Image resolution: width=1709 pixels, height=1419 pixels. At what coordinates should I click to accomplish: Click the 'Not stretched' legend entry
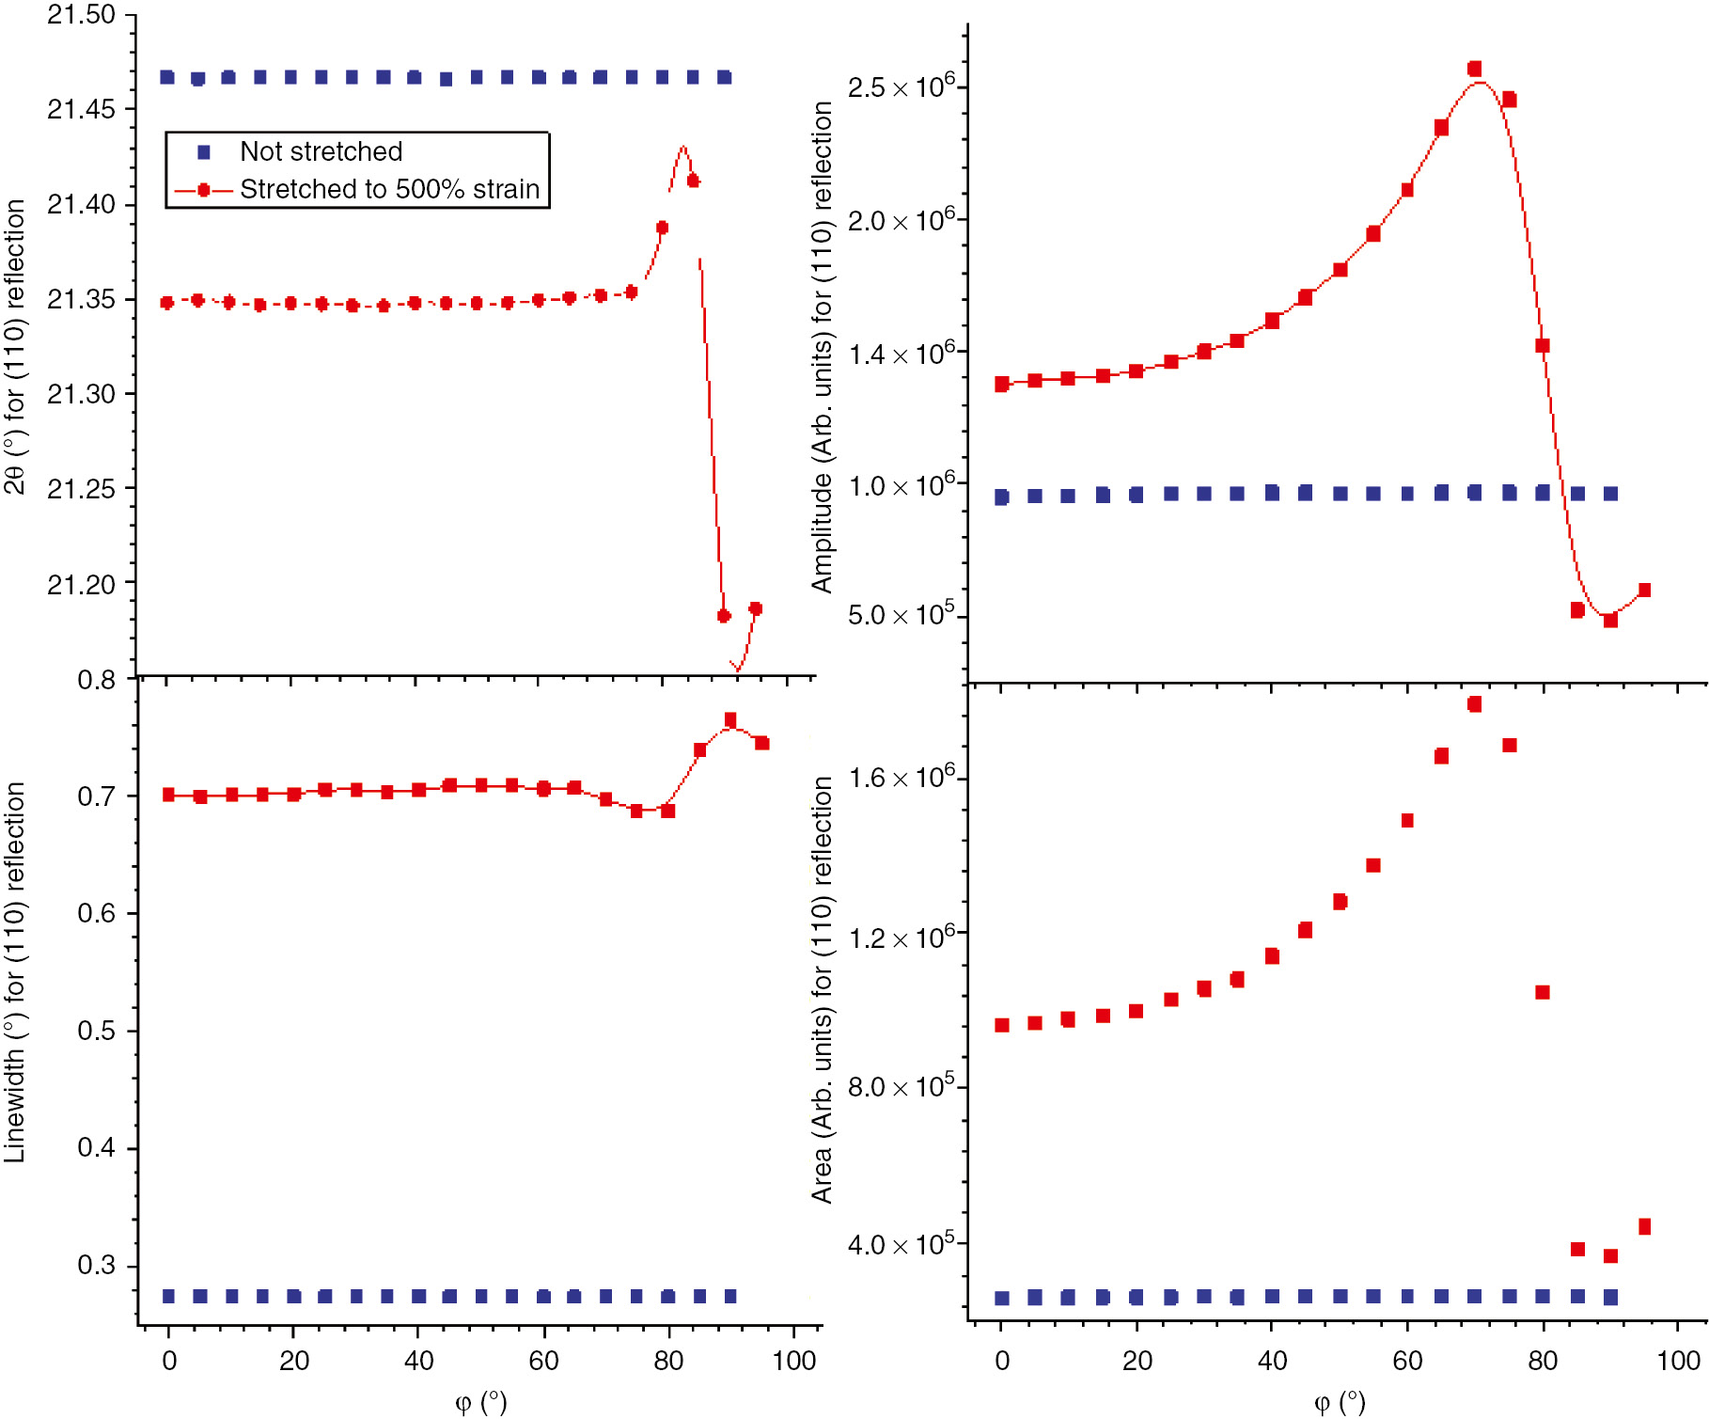pyautogui.click(x=321, y=151)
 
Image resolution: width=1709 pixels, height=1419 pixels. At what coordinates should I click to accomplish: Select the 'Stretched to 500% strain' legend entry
pyautogui.click(x=389, y=189)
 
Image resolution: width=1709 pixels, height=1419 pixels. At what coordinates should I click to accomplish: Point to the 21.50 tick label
pyautogui.click(x=81, y=15)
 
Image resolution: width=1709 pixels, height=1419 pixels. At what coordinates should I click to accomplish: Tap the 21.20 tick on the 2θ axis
pyautogui.click(x=81, y=585)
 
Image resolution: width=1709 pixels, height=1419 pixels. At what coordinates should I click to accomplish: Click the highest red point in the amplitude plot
pyautogui.click(x=1474, y=69)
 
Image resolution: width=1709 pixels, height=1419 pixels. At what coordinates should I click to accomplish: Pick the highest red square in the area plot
pyautogui.click(x=1474, y=704)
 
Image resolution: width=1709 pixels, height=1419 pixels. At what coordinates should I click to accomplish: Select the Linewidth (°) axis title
pyautogui.click(x=15, y=972)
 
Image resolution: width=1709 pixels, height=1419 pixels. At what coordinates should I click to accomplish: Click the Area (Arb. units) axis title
pyautogui.click(x=822, y=989)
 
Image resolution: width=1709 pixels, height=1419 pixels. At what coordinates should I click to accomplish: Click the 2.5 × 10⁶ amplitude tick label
pyautogui.click(x=901, y=87)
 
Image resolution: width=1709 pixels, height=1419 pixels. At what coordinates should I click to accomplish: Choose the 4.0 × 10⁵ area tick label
pyautogui.click(x=901, y=1245)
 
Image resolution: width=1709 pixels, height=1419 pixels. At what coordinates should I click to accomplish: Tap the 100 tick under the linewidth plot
pyautogui.click(x=794, y=1361)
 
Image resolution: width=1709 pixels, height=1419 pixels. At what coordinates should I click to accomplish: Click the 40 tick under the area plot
pyautogui.click(x=1272, y=1361)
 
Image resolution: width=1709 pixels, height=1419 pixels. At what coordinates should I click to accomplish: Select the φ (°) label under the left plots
pyautogui.click(x=480, y=1402)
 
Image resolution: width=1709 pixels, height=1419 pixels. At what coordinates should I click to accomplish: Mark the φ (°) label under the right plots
pyautogui.click(x=1339, y=1402)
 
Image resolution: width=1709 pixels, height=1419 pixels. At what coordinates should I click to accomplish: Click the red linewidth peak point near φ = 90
pyautogui.click(x=730, y=720)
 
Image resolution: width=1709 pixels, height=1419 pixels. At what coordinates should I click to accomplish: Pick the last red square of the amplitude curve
pyautogui.click(x=1644, y=591)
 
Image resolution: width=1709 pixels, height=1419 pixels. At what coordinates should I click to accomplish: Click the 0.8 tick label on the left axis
pyautogui.click(x=96, y=680)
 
